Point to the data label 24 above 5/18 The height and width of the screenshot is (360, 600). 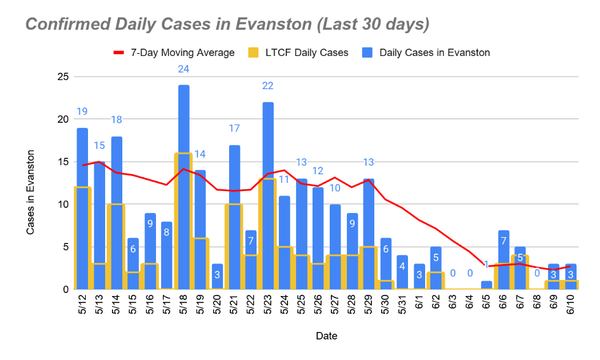pos(183,69)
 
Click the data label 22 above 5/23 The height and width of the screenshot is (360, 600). pos(267,86)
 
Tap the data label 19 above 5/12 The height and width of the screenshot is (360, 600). pos(82,111)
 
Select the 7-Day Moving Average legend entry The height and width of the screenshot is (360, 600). pos(174,53)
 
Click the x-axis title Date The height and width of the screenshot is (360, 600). pos(326,336)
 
